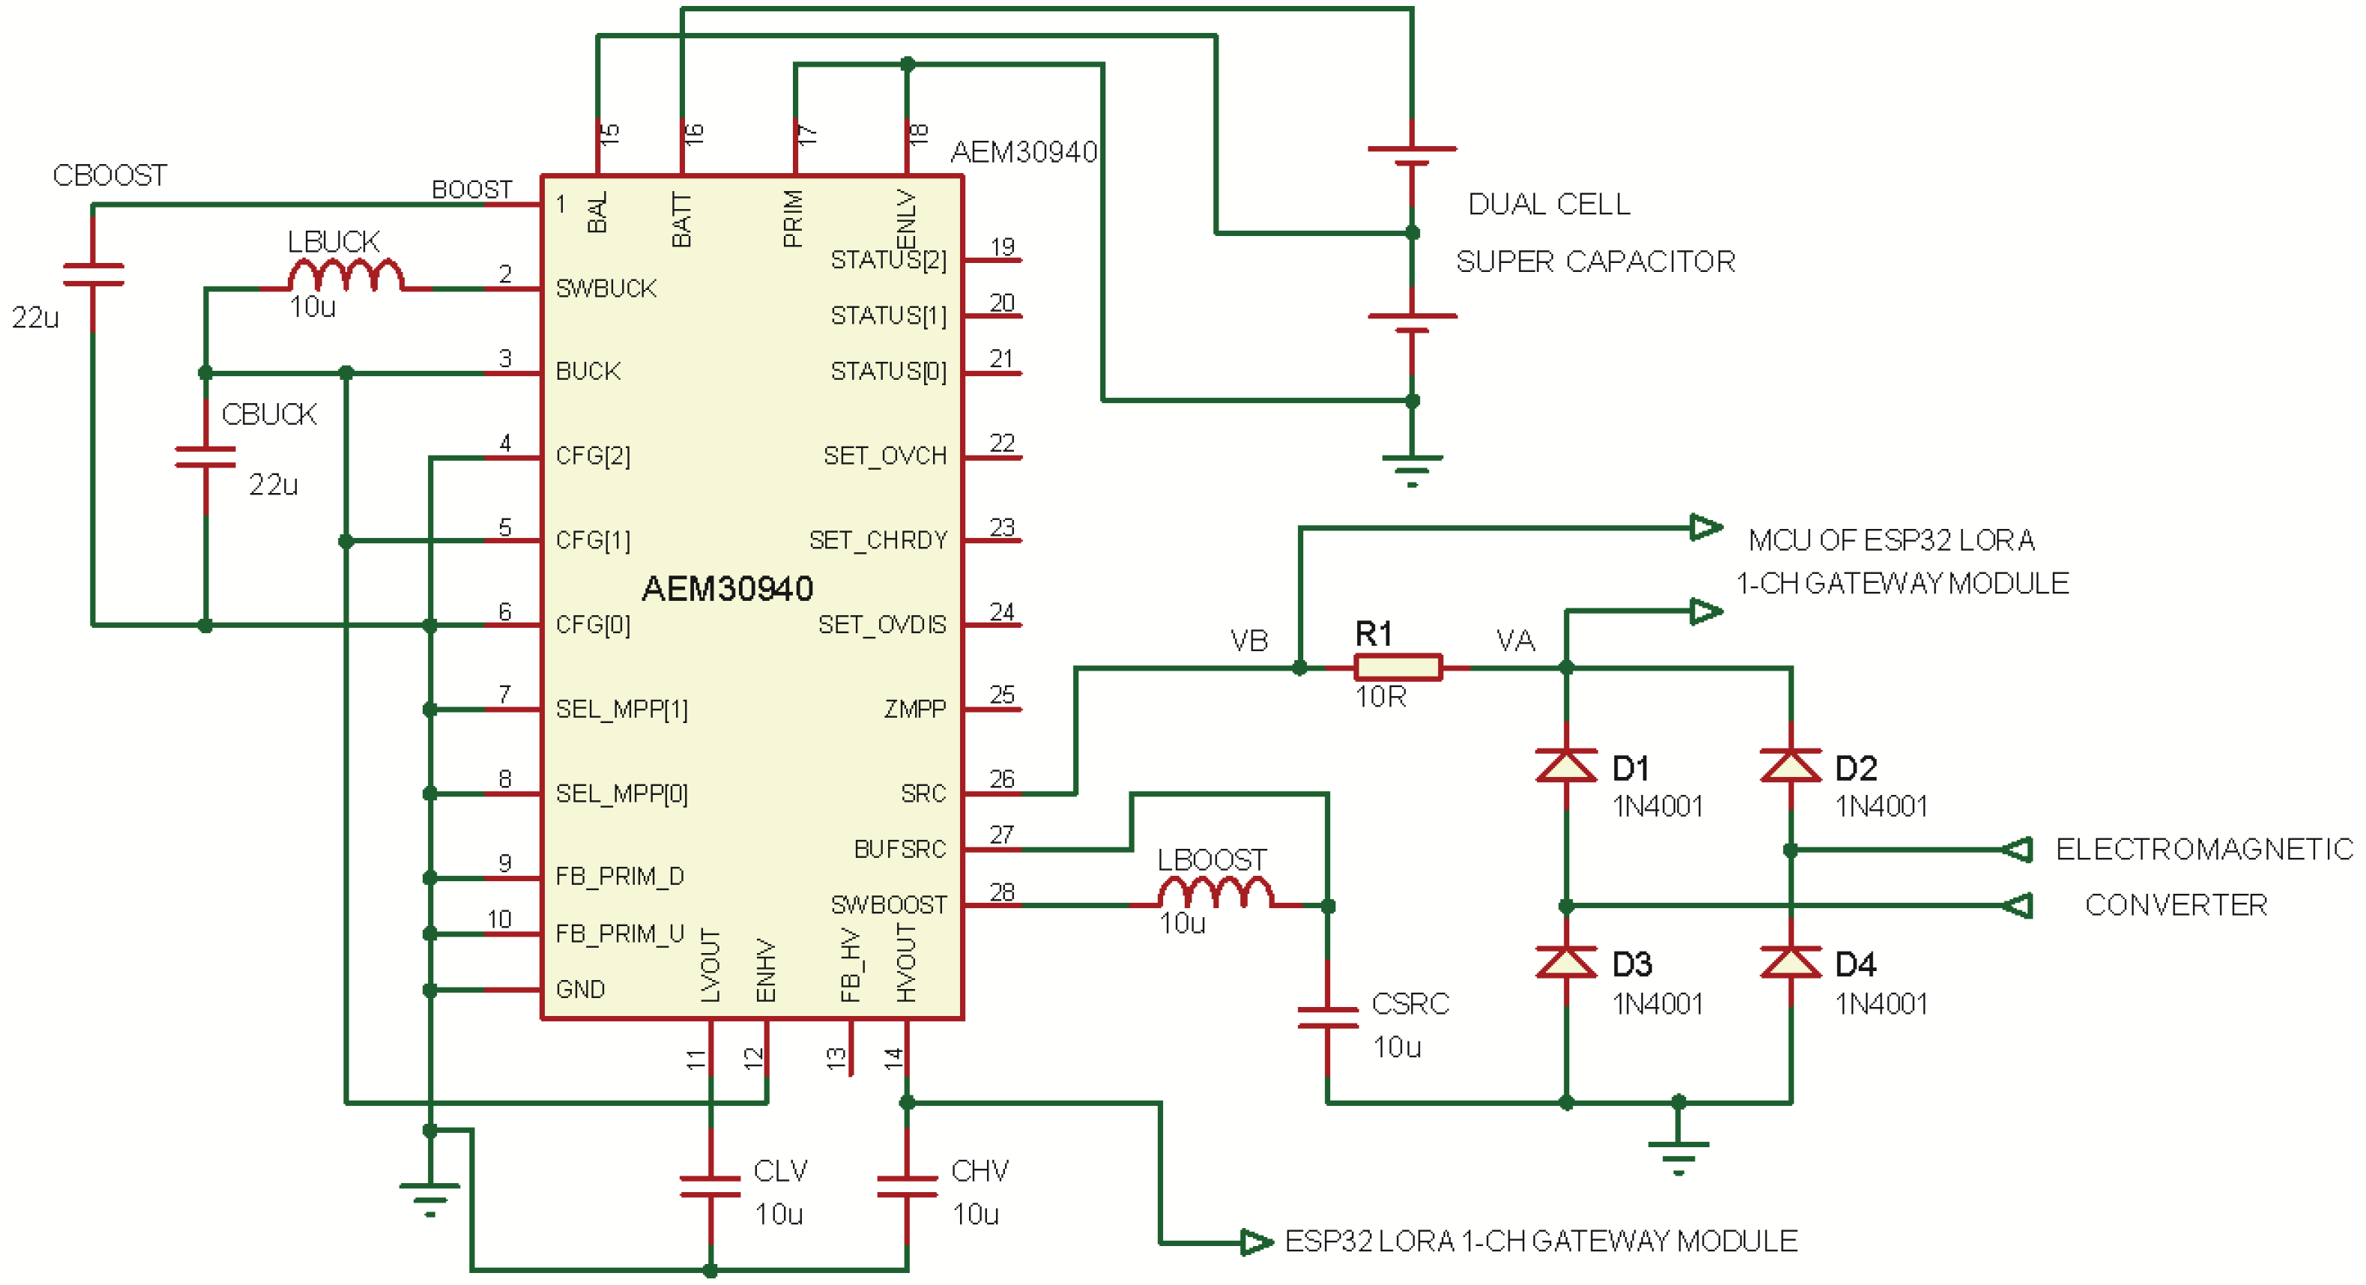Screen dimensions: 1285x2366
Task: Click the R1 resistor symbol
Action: pos(1397,667)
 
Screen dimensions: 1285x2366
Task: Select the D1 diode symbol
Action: pos(1566,765)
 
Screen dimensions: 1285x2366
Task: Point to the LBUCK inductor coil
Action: pos(345,276)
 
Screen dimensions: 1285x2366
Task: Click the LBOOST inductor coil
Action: pos(1215,893)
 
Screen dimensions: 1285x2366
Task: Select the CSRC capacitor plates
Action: pos(1327,1017)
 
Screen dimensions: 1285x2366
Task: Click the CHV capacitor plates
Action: pos(907,1187)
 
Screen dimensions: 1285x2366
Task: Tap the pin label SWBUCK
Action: pos(606,288)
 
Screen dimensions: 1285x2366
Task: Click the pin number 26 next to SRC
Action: pos(1002,779)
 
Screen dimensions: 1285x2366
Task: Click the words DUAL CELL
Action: pos(1548,204)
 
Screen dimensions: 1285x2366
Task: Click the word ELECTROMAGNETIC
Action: pos(2203,849)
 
